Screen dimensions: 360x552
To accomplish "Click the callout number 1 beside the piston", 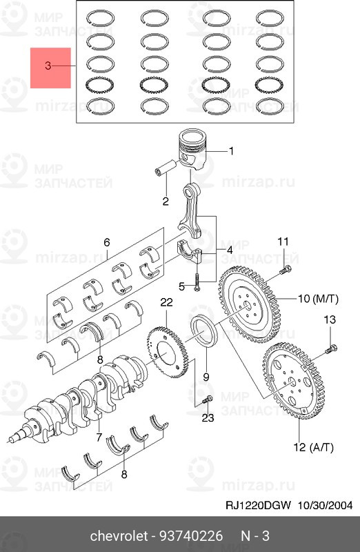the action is [x=231, y=151].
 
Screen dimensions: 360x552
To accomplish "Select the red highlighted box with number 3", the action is [x=50, y=68].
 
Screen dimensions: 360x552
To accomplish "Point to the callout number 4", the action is [x=229, y=250].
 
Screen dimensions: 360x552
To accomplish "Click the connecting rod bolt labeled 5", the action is [x=196, y=282].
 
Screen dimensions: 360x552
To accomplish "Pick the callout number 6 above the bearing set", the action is [x=107, y=242].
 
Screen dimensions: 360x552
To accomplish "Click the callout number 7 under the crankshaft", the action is [x=99, y=437].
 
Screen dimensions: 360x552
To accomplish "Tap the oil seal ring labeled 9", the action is [x=204, y=331].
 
